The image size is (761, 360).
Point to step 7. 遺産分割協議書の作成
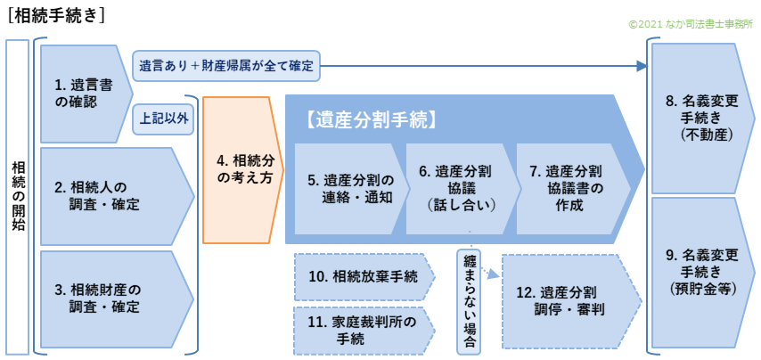point(570,189)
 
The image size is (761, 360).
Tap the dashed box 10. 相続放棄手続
point(361,276)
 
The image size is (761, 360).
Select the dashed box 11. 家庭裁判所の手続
point(361,331)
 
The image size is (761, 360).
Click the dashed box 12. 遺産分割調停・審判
point(567,300)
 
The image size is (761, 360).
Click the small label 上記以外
point(164,117)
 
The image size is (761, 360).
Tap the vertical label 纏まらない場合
point(469,299)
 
